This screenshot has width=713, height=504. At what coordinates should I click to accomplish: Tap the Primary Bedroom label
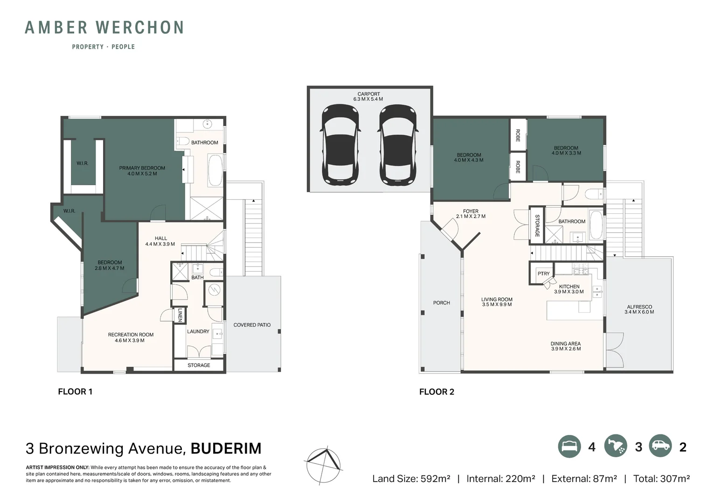pos(142,171)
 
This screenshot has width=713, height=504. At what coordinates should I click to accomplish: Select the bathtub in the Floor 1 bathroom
pos(215,170)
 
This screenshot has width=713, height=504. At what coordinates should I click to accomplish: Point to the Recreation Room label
pos(131,337)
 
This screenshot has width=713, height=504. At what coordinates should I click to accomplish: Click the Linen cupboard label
pos(180,315)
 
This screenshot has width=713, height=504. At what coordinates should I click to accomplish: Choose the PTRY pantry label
pos(543,274)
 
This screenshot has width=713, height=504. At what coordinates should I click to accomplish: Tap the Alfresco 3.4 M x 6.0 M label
pos(639,309)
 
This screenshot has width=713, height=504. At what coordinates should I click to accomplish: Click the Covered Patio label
pos(252,325)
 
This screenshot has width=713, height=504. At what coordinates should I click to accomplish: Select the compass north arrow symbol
pos(323,465)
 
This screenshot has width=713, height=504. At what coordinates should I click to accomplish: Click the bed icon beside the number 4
pos(569,447)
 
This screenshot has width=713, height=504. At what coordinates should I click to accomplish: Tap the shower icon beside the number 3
pos(616,447)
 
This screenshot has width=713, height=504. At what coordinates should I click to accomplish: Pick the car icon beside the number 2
pos(660,447)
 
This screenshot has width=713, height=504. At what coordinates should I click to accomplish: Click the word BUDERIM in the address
pos(226,448)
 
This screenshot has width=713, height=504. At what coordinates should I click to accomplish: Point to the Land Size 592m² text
pos(411,478)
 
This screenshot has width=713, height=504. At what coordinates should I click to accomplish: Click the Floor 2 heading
pos(436,392)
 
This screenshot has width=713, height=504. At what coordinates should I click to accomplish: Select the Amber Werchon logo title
pos(104,28)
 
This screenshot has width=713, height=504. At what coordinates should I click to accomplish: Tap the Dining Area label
pos(565,346)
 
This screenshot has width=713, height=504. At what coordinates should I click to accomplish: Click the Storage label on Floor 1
pos(199,365)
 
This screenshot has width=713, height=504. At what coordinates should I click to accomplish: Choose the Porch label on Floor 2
pos(441,303)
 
